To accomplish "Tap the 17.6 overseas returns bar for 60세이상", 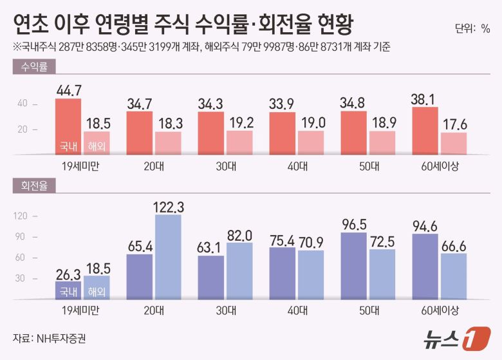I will (x=454, y=144).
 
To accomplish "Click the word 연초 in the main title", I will (x=30, y=26).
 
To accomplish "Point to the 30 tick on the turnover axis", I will (x=21, y=278).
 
